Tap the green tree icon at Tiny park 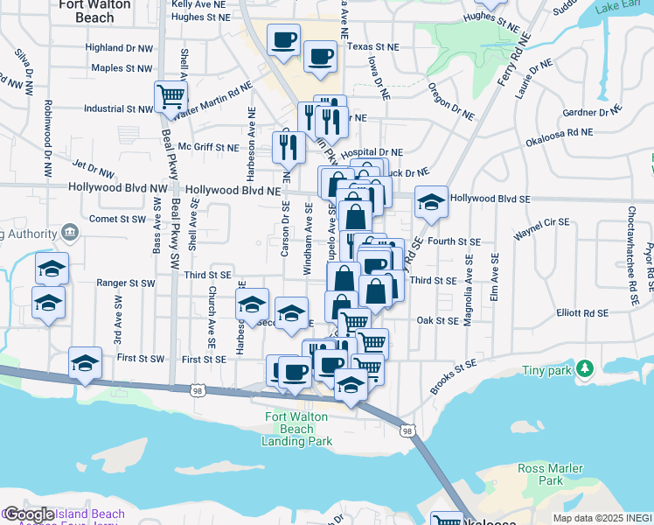[x=586, y=370]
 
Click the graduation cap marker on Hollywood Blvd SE [x=430, y=201]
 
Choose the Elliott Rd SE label [x=583, y=312]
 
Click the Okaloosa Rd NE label [x=559, y=135]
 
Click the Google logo [x=30, y=514]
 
